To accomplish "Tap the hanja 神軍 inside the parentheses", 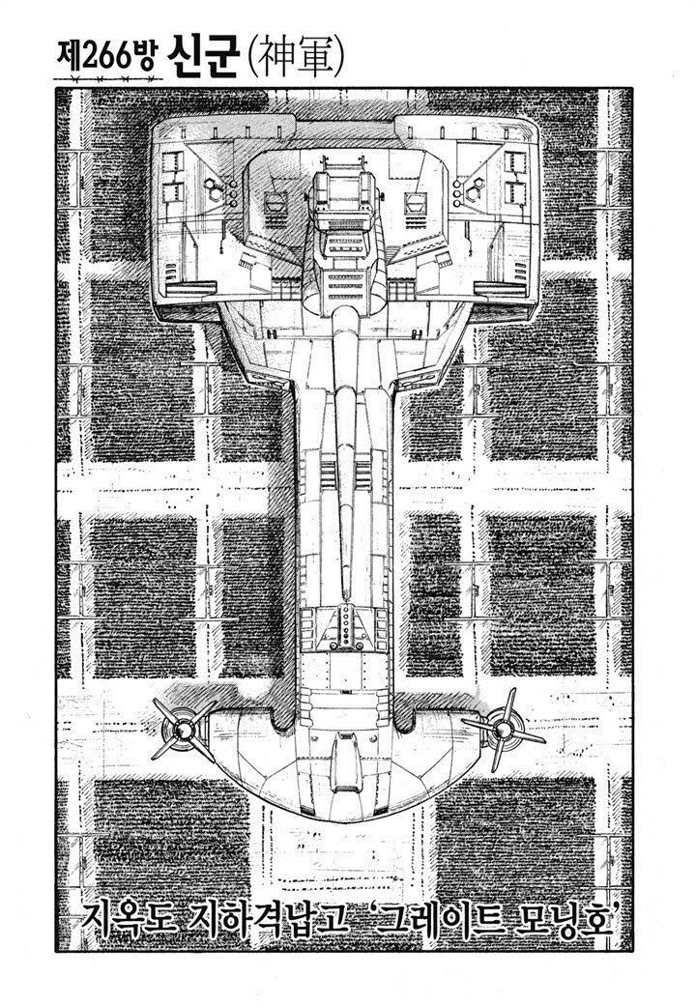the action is tap(293, 60).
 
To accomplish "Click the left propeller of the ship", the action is tap(184, 729).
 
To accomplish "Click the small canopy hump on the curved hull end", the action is tap(347, 757).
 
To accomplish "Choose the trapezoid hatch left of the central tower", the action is tap(275, 202).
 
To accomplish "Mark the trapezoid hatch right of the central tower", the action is tap(411, 202).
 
